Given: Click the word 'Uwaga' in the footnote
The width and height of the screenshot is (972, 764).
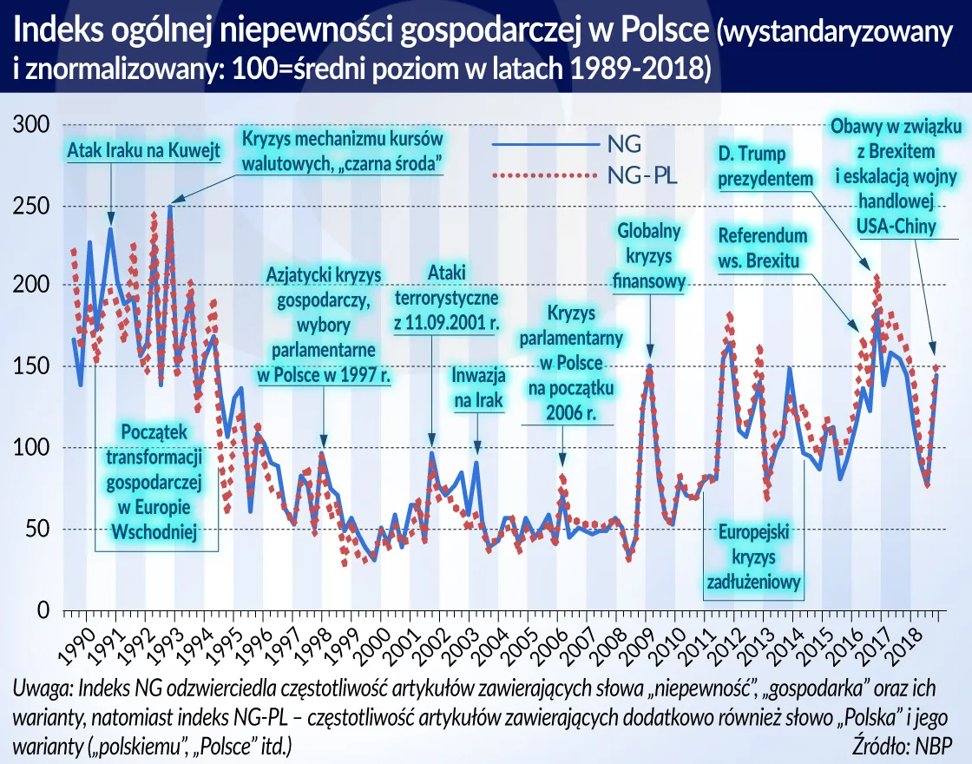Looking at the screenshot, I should tap(41, 688).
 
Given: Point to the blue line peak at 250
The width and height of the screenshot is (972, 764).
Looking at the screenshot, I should tap(171, 207).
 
